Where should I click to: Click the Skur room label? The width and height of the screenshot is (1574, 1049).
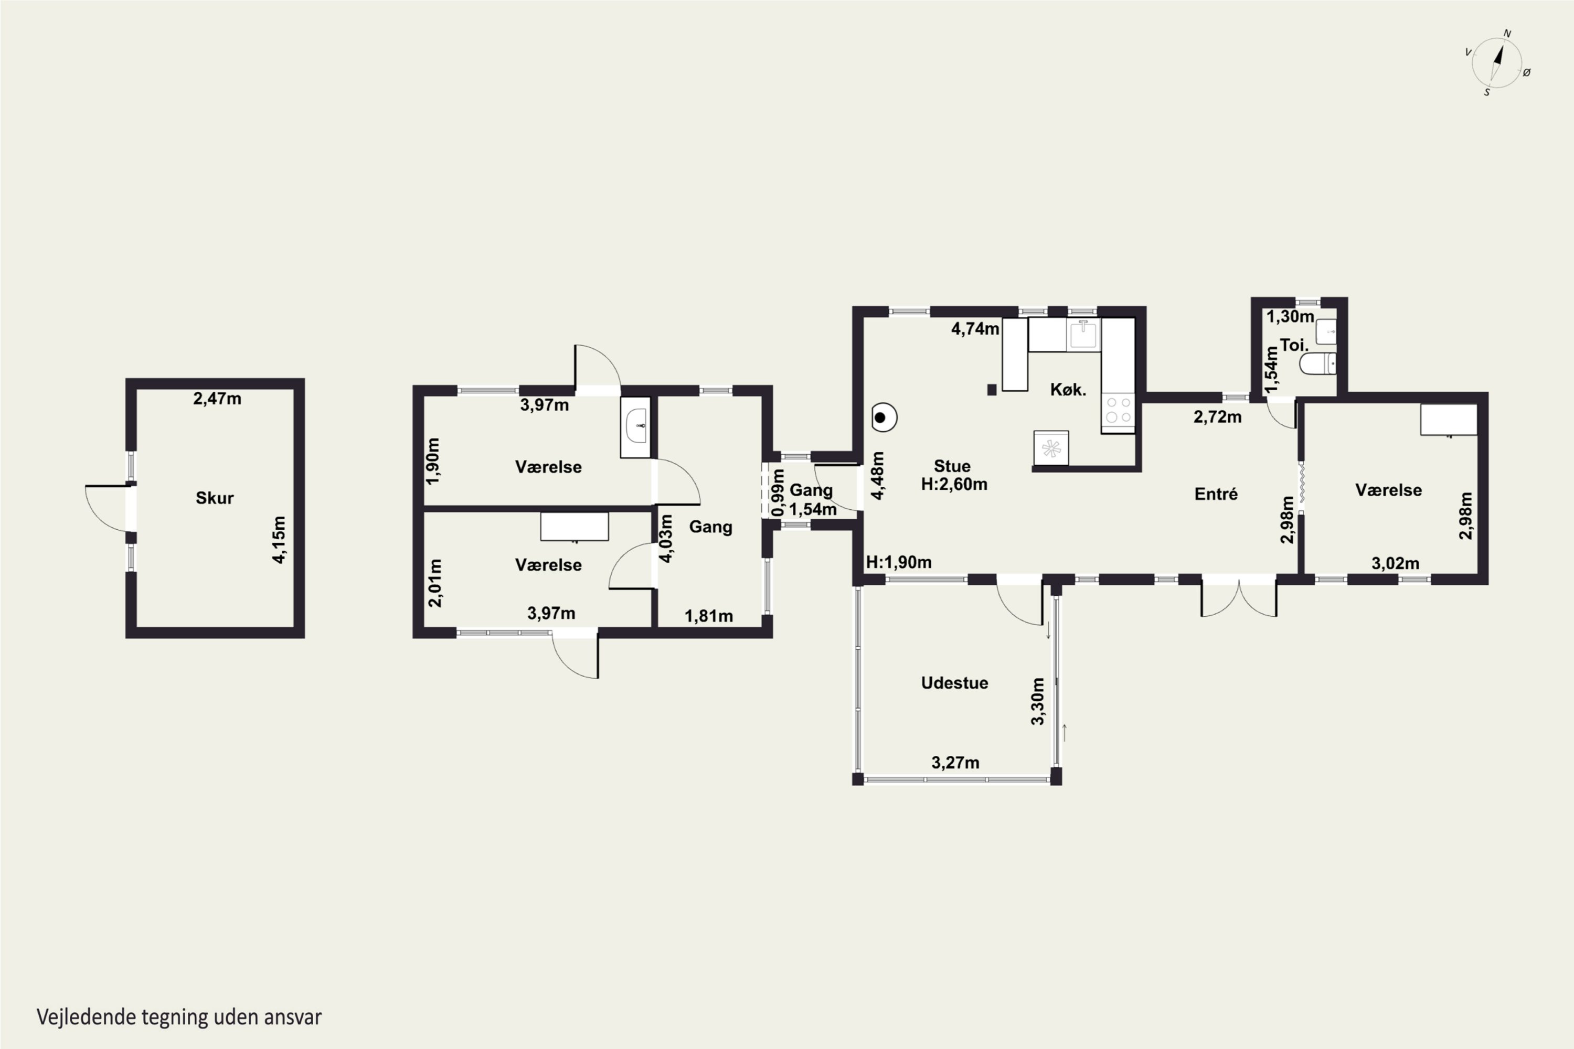point(214,498)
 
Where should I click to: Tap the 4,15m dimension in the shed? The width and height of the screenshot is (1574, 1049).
point(279,539)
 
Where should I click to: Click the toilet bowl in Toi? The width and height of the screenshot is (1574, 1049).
point(1317,364)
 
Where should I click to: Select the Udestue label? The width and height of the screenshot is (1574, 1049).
point(954,683)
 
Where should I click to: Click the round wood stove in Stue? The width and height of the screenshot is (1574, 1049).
point(884,418)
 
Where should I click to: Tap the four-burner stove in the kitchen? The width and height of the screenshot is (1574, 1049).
point(1118,410)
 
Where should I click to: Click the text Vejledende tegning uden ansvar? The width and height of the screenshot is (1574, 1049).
point(179,1017)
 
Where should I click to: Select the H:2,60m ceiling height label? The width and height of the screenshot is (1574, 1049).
point(954,484)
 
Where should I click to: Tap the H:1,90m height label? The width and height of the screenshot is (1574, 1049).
point(899,562)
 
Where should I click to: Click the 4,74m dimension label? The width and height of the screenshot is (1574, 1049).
point(975,328)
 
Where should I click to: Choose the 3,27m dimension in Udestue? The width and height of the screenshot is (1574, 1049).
point(955,763)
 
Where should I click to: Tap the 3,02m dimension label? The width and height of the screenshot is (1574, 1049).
point(1395,563)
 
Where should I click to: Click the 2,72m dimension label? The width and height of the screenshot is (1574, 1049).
point(1217,417)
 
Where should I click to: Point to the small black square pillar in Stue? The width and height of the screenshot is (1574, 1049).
point(992,389)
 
